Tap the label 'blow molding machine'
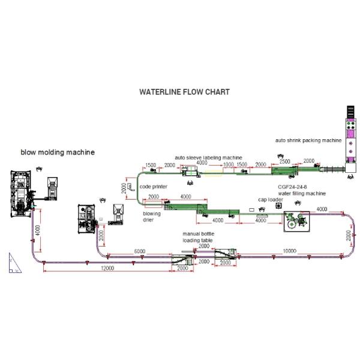click(58, 152)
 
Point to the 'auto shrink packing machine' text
click(308, 140)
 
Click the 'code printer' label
click(153, 187)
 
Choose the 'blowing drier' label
click(152, 217)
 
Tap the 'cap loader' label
click(271, 199)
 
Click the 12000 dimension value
click(108, 268)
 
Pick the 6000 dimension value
click(139, 251)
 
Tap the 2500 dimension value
click(284, 161)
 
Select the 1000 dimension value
click(228, 164)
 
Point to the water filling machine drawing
click(295, 221)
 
